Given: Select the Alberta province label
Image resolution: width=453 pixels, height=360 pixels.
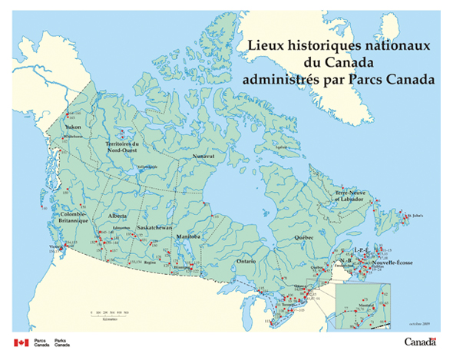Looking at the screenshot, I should [x=118, y=216].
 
